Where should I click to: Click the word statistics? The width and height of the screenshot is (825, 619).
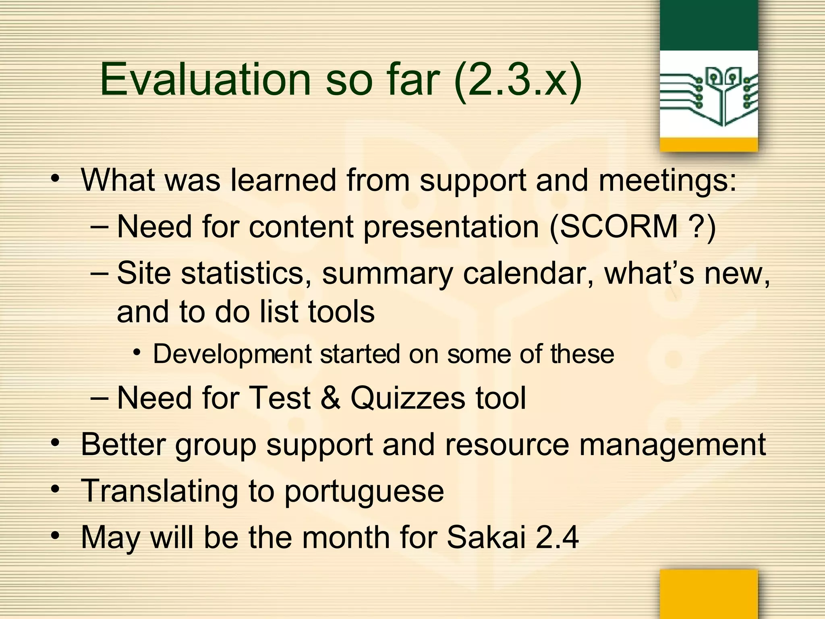(x=246, y=273)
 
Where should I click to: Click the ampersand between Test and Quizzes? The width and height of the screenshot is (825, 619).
(x=331, y=398)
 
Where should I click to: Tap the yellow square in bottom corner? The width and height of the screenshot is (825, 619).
(x=709, y=594)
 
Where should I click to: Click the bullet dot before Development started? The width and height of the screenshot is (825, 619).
(x=137, y=353)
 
